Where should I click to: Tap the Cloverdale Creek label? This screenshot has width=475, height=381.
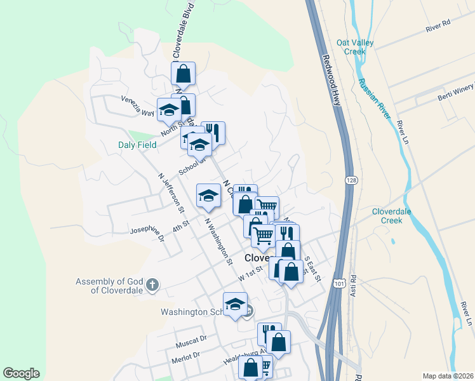(392, 216)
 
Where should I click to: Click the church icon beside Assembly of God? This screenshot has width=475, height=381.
(152, 285)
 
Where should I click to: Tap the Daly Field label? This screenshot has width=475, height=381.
(137, 145)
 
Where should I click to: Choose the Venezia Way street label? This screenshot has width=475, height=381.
(138, 106)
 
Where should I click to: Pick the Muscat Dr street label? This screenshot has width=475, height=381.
(191, 344)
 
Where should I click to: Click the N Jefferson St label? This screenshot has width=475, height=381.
(170, 193)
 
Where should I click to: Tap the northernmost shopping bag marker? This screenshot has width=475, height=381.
(183, 74)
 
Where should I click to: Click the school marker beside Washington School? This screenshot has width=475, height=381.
(235, 304)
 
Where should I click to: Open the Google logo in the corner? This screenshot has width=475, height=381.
(21, 373)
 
